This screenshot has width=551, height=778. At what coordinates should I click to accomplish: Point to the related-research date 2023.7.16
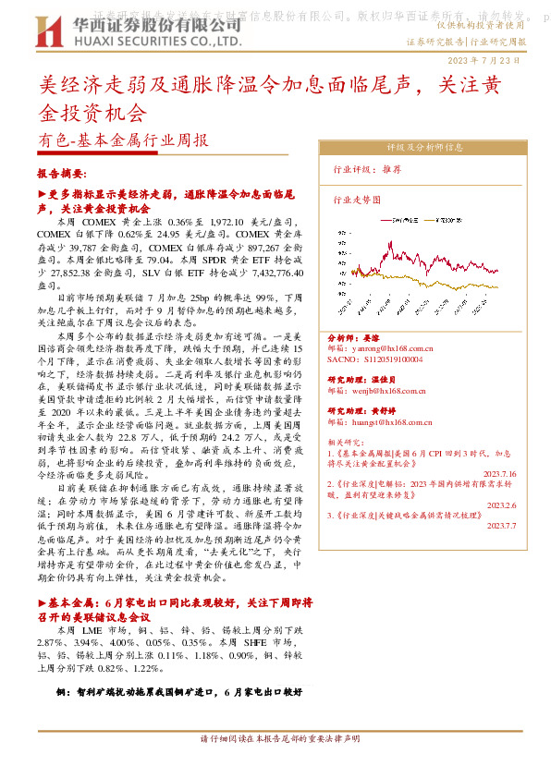tap(501, 473)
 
